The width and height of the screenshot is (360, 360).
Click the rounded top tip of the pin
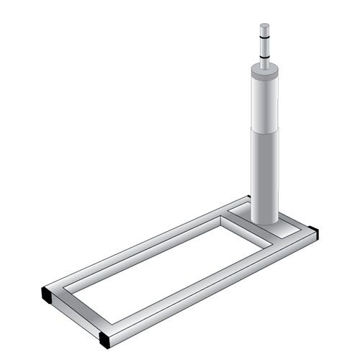pos(265,26)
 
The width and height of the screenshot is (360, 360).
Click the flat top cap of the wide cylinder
pos(265,71)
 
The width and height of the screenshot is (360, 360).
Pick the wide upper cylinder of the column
pos(265,101)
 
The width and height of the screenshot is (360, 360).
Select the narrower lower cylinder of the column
pos(264,173)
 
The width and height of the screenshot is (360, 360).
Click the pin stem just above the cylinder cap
pos(265,63)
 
